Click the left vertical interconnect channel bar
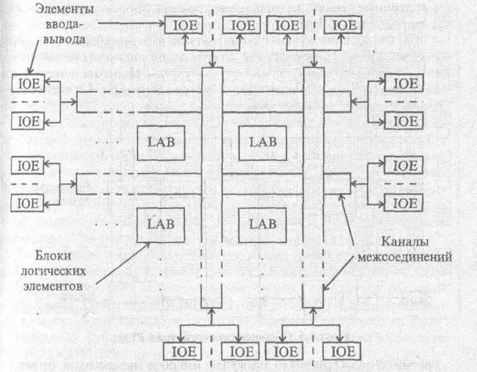click(213, 183)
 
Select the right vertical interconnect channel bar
click(312, 183)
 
